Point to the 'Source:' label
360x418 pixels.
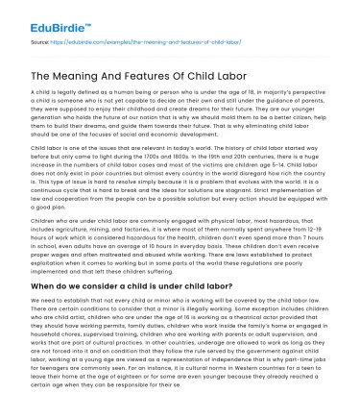(39, 41)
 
